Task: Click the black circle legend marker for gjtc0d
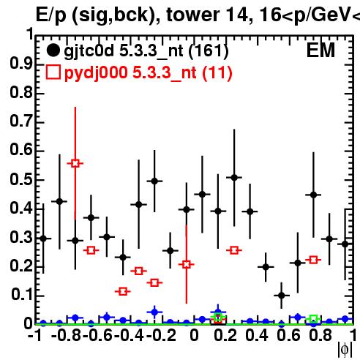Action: click(53, 50)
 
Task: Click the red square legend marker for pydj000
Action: click(53, 72)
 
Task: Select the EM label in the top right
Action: click(320, 50)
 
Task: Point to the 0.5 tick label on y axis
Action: click(21, 179)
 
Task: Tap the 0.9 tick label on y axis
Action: click(21, 64)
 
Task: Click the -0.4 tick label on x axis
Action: click(129, 335)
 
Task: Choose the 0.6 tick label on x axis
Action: click(288, 335)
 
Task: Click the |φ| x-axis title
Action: click(345, 350)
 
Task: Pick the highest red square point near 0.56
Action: click(75, 163)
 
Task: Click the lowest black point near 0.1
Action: click(282, 296)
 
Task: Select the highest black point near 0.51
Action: click(234, 178)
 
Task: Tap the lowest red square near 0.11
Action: click(123, 291)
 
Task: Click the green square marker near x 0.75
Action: click(314, 318)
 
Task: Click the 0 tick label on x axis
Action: click(194, 335)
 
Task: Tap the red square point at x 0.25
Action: click(234, 250)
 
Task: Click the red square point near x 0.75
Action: click(313, 260)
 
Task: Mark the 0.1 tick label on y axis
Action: click(22, 294)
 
